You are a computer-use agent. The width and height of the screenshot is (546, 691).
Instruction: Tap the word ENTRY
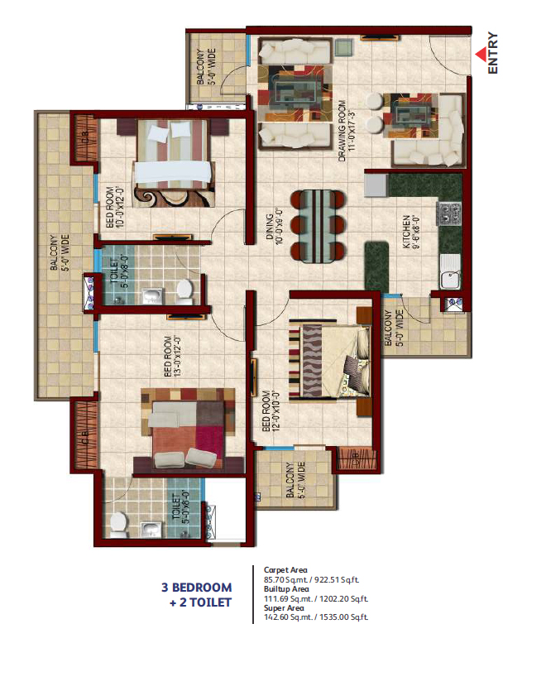(x=493, y=54)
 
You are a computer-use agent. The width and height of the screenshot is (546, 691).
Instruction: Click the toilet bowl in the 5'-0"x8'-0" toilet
(x=185, y=289)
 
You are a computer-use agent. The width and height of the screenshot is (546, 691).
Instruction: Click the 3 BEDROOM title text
(x=196, y=588)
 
